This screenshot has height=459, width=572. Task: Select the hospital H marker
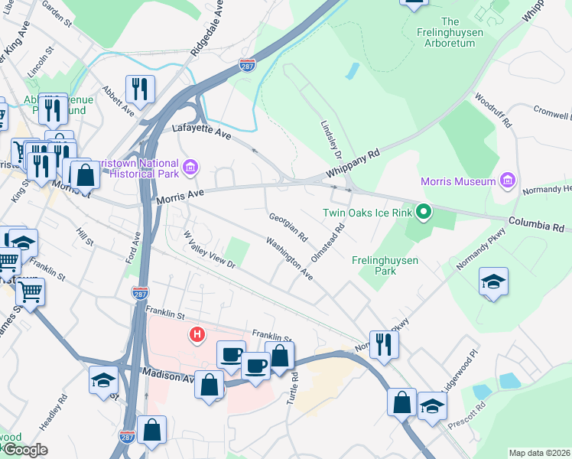[197, 334]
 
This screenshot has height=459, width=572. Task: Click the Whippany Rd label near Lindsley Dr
[354, 164]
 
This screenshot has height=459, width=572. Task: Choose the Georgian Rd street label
[288, 224]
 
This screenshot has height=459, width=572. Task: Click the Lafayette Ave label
[201, 132]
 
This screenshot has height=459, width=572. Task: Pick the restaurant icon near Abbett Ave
[140, 90]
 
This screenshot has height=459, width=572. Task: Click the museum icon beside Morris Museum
[506, 181]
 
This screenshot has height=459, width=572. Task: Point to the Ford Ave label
[138, 249]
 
